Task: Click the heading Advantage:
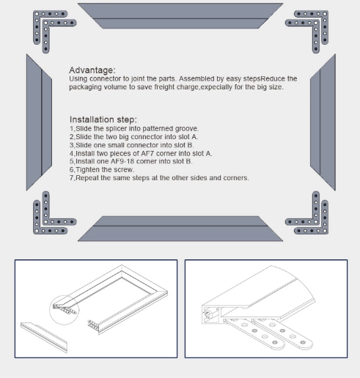[x=92, y=70]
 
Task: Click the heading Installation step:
[x=103, y=119]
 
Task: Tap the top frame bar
[x=180, y=15]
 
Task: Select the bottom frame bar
[x=180, y=229]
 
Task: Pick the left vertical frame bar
[x=39, y=122]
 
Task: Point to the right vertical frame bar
[x=323, y=122]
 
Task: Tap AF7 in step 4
[x=147, y=153]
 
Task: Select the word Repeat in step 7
[x=87, y=178]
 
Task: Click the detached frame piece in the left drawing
[x=44, y=337]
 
